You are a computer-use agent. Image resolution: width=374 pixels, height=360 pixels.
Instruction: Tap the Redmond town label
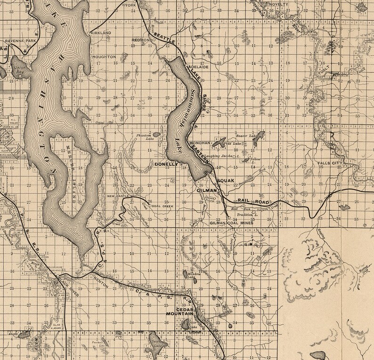tap(143, 40)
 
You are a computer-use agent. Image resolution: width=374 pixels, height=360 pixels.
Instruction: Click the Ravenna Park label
tap(17, 41)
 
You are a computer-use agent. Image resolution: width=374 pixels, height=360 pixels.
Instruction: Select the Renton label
tap(102, 286)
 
